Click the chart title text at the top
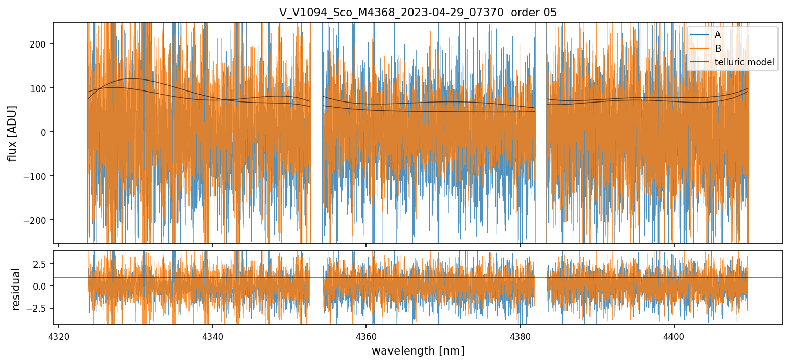(418, 12)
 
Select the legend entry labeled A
(717, 35)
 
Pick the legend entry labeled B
(717, 49)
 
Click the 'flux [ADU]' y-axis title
(12, 133)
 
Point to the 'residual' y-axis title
(16, 289)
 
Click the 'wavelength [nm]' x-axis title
(418, 350)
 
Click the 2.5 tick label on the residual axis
(41, 264)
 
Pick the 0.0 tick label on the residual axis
(41, 286)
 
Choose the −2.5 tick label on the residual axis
(38, 308)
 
